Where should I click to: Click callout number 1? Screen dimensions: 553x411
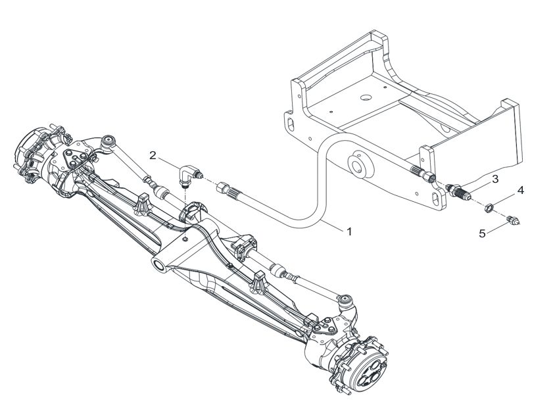tap(349, 231)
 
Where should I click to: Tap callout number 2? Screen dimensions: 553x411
tap(153, 155)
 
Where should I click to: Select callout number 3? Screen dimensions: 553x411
tap(495, 179)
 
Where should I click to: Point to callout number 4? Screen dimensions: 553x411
tap(521, 191)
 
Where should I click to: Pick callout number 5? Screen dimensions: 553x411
tap(483, 233)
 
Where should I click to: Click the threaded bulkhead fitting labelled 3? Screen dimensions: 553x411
tap(458, 191)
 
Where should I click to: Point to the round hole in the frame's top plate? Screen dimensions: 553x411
tap(366, 97)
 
